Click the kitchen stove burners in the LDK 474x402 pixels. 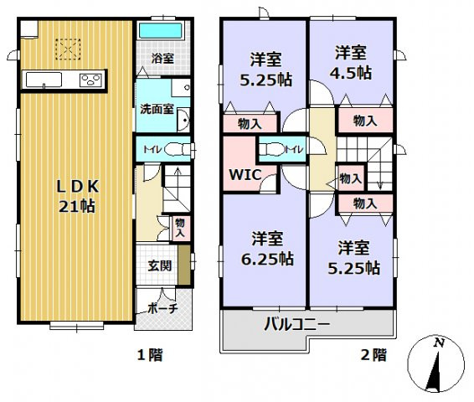tap(90, 80)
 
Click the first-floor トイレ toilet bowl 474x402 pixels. tap(174, 150)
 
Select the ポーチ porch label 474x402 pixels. tap(162, 308)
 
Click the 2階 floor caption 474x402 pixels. tap(374, 355)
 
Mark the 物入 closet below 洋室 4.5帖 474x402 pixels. tap(364, 121)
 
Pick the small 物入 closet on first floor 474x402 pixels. tap(180, 227)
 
